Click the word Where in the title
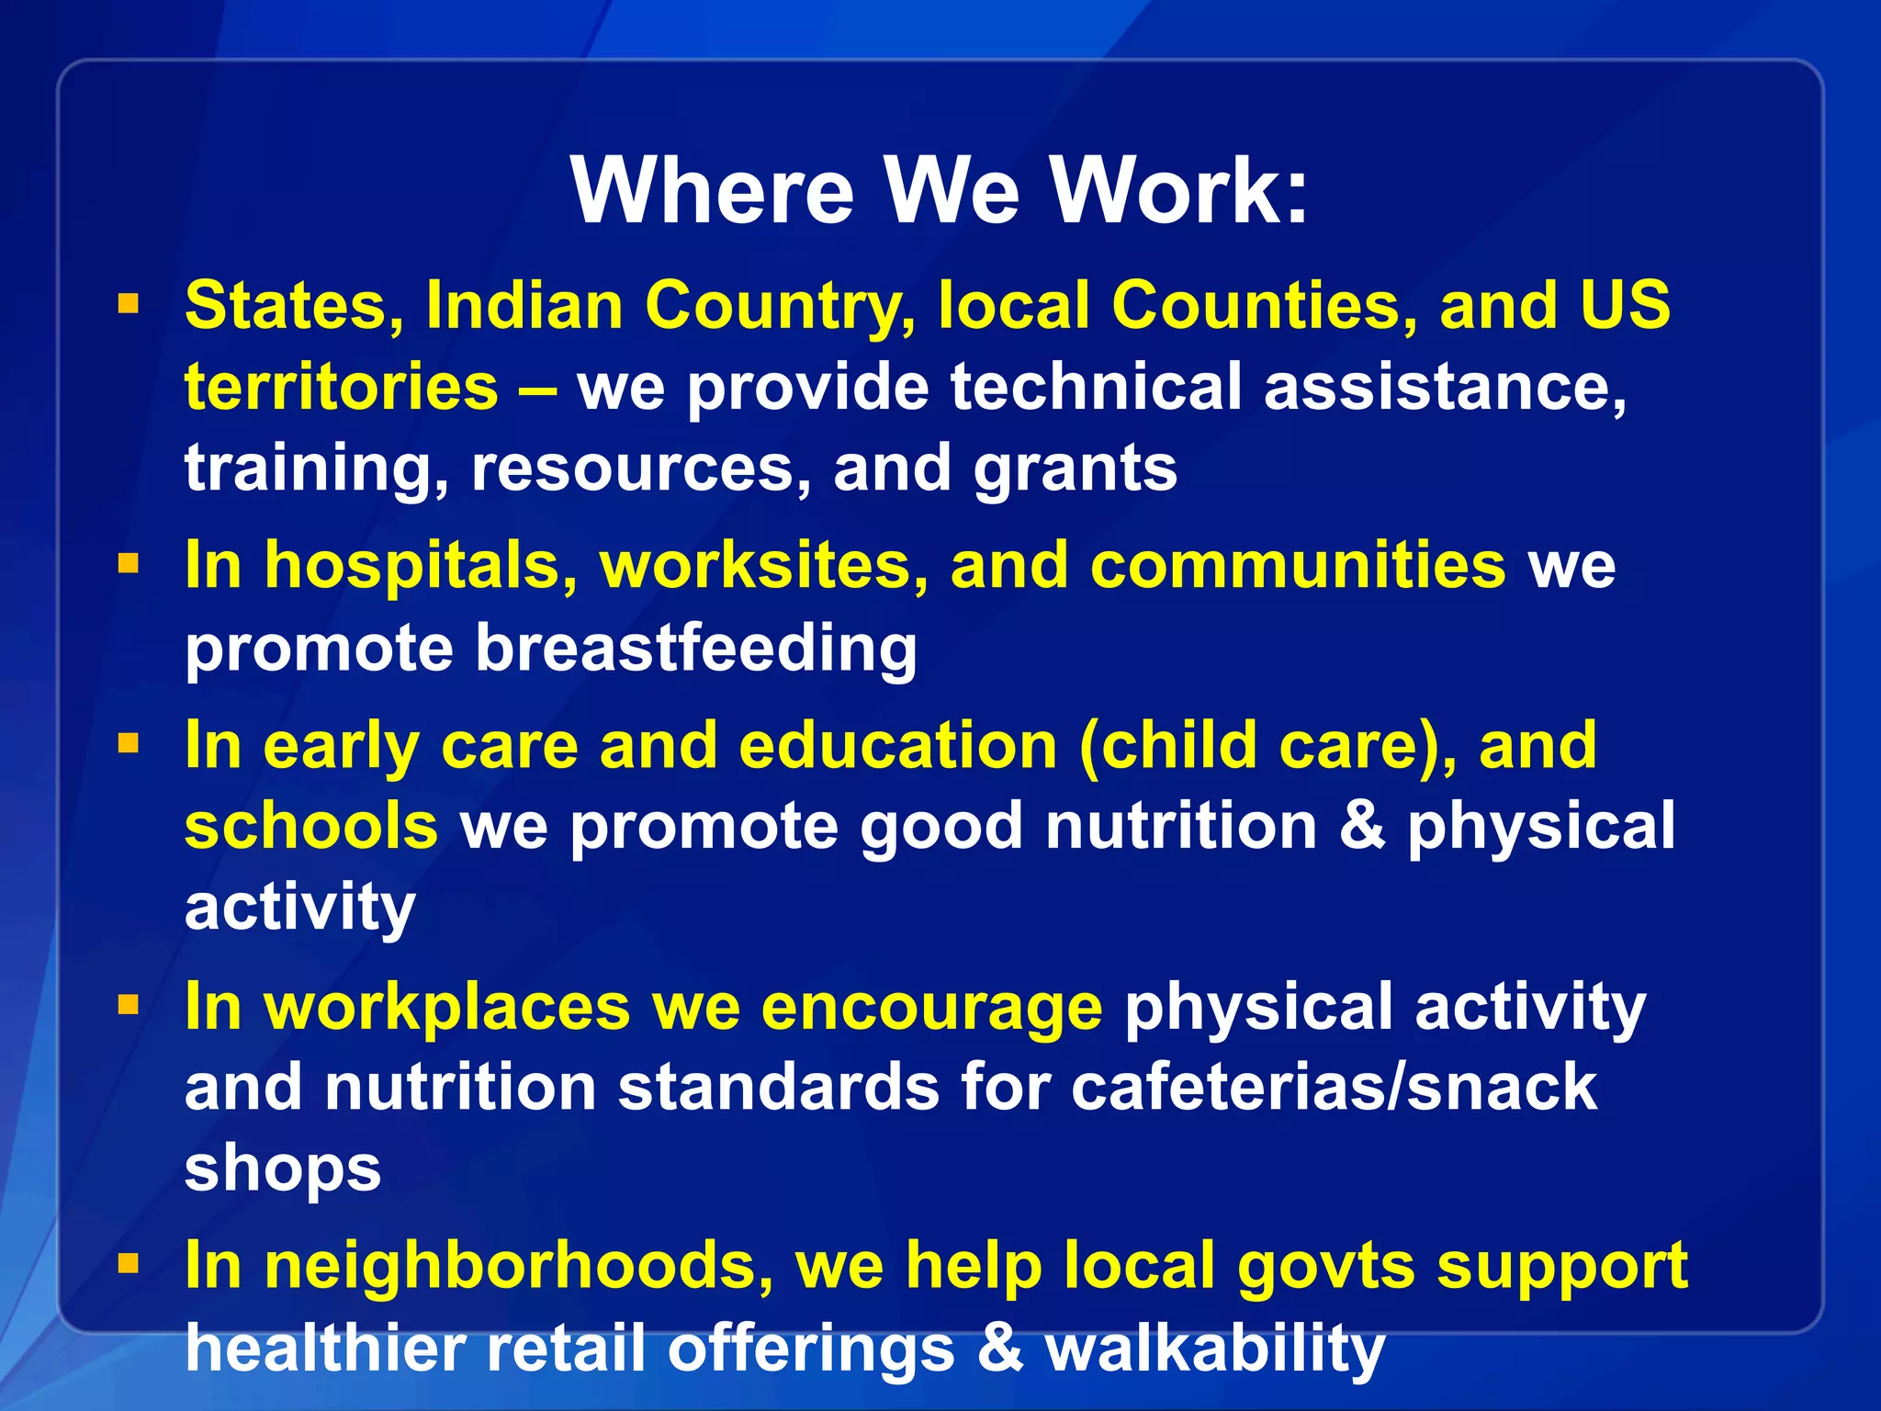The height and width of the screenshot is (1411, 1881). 713,190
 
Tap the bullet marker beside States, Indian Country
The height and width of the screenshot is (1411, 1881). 129,304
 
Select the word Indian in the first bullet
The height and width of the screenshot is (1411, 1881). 524,304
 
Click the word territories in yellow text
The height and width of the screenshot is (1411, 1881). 342,386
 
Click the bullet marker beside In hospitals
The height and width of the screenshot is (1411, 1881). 129,562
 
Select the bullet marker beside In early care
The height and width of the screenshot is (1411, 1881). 129,742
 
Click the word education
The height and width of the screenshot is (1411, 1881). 898,744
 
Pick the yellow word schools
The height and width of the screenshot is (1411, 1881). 311,825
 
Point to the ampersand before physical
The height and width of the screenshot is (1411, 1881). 1362,825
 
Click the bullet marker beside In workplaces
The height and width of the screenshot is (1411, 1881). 129,1005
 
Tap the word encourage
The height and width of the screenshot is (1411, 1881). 931,1008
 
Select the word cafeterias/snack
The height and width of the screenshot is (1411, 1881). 1334,1087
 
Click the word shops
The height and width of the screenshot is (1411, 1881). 283,1168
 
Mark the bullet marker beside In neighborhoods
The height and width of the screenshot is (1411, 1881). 129,1264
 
